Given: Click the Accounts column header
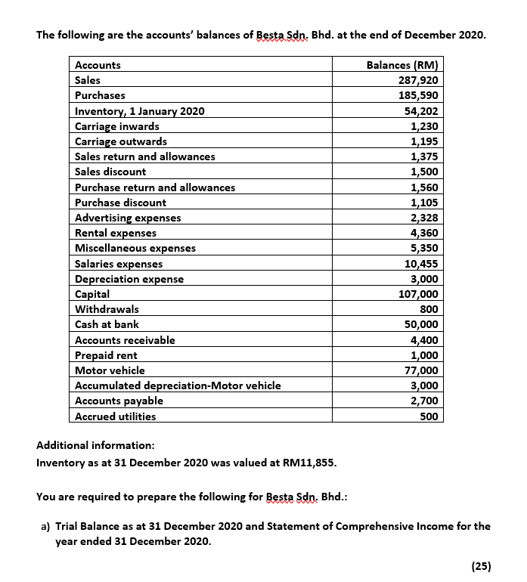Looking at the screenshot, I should [x=98, y=65].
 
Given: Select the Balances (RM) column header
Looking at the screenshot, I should [x=401, y=65].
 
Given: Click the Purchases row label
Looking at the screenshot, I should [x=100, y=95].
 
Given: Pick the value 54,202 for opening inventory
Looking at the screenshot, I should [x=421, y=111].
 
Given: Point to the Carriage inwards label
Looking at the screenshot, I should [x=116, y=126].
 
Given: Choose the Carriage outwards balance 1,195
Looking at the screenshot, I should [x=424, y=141].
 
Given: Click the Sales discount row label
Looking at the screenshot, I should [x=110, y=172].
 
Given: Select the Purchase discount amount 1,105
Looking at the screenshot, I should [x=424, y=203].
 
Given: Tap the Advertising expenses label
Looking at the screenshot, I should [x=128, y=218].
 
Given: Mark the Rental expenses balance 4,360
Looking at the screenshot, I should [x=424, y=233].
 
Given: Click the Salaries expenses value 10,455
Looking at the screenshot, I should [x=421, y=264].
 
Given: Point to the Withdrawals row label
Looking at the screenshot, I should [x=107, y=309].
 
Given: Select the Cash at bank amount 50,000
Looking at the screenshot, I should [x=421, y=325].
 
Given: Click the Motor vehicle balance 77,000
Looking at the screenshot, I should [x=421, y=370].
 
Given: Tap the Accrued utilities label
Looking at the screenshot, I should [x=115, y=416].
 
